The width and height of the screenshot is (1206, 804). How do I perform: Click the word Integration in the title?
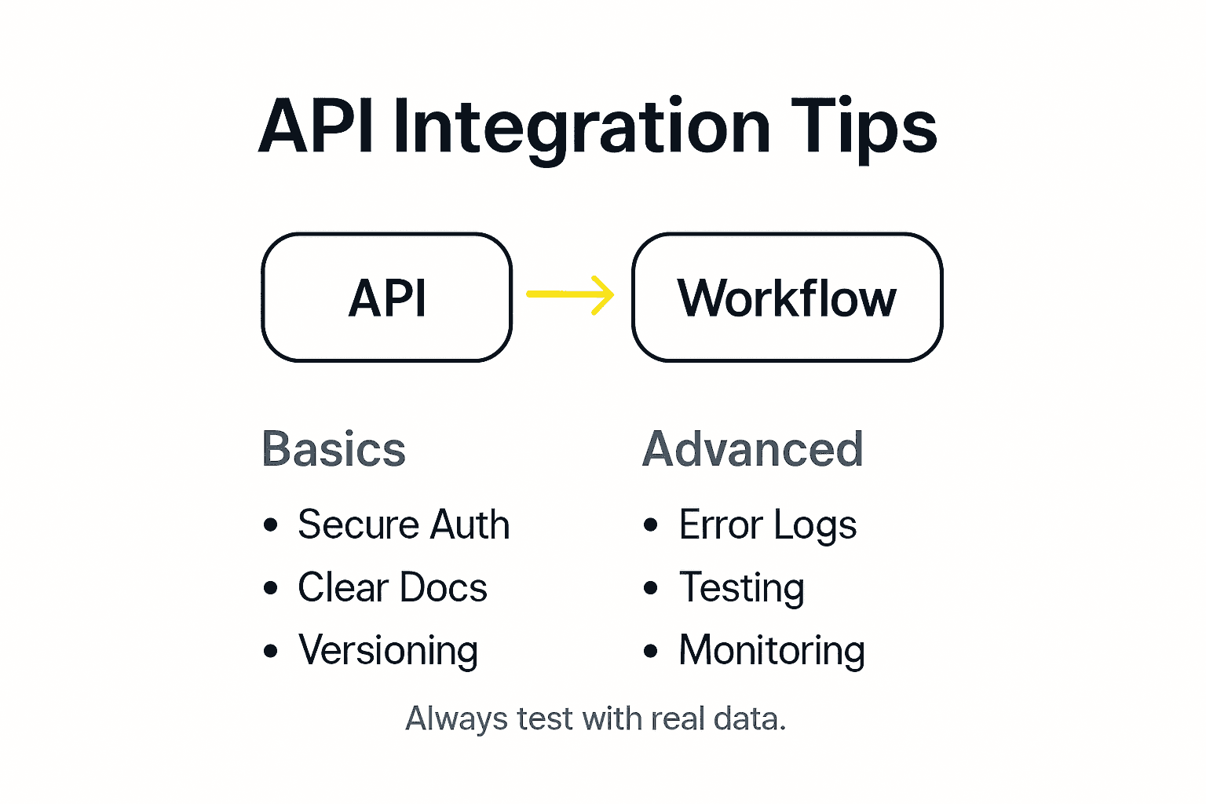click(x=581, y=127)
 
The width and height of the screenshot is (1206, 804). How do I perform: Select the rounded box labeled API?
click(x=387, y=298)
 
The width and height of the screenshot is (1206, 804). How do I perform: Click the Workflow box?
click(x=787, y=298)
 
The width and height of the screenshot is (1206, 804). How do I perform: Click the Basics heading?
click(x=334, y=449)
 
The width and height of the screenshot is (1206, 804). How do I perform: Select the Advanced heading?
click(x=753, y=449)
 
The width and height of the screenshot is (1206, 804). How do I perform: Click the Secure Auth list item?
click(x=404, y=524)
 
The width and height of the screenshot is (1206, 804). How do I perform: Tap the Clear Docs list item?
click(x=393, y=587)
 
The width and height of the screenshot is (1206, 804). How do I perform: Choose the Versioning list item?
click(x=388, y=650)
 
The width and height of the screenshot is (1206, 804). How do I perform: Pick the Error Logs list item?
click(x=768, y=524)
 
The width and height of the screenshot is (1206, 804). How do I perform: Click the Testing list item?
click(x=742, y=587)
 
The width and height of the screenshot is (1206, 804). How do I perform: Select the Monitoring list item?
click(x=772, y=650)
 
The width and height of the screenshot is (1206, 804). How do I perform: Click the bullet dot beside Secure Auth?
click(x=271, y=524)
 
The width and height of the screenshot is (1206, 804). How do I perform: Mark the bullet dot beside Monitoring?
click(x=651, y=650)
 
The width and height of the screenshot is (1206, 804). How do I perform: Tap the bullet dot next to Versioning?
click(x=271, y=651)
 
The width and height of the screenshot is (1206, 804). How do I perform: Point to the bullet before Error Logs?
click(x=651, y=524)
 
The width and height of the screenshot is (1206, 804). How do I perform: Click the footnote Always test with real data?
click(x=595, y=718)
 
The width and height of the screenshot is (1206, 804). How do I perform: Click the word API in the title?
click(x=316, y=127)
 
